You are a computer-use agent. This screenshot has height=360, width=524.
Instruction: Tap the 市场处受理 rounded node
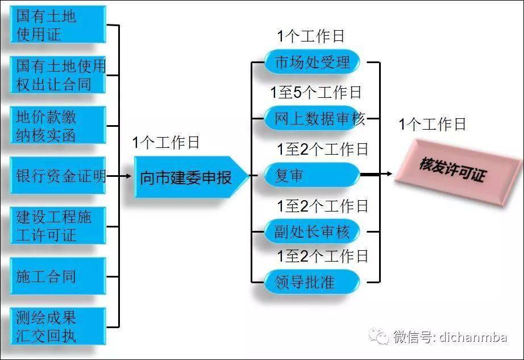pyautogui.click(x=312, y=61)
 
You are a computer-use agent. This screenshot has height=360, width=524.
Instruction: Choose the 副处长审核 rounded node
pyautogui.click(x=312, y=231)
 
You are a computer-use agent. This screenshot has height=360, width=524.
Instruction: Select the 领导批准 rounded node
pyautogui.click(x=312, y=282)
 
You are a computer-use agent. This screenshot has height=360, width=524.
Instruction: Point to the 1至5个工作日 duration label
pyautogui.click(x=315, y=92)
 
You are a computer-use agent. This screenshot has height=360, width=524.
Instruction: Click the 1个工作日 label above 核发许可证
pyautogui.click(x=432, y=124)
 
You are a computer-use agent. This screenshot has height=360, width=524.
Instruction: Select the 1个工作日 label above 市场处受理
pyautogui.click(x=310, y=36)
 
